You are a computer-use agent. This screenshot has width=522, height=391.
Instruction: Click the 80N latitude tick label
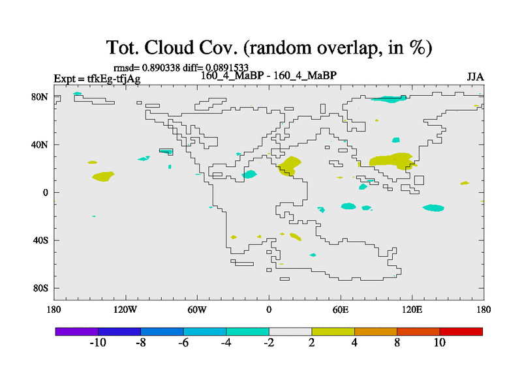[40, 97]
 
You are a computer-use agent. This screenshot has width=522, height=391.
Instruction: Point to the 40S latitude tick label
[40, 240]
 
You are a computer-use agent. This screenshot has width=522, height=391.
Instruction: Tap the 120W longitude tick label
[125, 310]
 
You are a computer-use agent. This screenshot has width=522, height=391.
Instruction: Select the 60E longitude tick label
[341, 310]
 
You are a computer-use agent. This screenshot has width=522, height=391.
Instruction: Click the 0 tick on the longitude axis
[269, 310]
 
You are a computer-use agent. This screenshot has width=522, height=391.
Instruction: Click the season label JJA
[475, 77]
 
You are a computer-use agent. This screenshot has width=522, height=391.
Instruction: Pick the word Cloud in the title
[169, 48]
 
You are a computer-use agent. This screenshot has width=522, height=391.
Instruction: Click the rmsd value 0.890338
[161, 68]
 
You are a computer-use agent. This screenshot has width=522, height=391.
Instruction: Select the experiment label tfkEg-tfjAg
[114, 79]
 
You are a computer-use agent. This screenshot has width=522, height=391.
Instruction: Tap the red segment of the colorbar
[461, 332]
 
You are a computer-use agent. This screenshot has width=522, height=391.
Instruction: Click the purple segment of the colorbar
[77, 332]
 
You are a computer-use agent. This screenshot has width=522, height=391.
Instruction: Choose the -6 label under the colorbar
[183, 343]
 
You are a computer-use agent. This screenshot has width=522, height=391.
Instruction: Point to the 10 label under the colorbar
[439, 343]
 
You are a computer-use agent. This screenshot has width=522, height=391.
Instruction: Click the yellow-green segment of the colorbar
[333, 332]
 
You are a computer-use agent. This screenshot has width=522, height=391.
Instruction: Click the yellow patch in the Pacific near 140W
[103, 176]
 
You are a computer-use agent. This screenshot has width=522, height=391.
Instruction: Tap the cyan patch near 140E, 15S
[433, 208]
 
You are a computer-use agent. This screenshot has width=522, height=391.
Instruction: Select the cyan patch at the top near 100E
[389, 99]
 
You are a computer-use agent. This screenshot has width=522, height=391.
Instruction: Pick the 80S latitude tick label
[40, 288]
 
